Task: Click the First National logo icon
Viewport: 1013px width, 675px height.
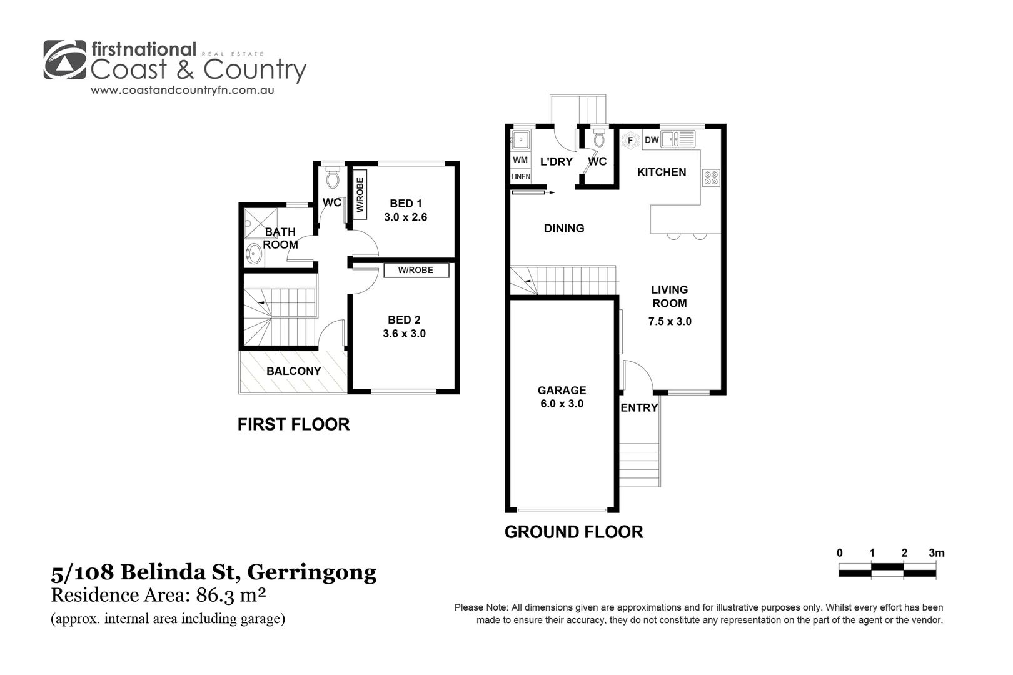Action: click(65, 60)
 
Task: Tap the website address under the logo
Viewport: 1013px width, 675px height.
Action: click(183, 90)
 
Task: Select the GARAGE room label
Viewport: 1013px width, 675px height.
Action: click(562, 391)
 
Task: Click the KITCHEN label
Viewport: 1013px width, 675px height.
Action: click(662, 172)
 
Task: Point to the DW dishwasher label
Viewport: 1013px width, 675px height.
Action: click(652, 140)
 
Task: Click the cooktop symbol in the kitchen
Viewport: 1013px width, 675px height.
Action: click(711, 177)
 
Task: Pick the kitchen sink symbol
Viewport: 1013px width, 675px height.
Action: click(678, 138)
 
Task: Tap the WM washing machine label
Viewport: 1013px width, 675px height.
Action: click(520, 160)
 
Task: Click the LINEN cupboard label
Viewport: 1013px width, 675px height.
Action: click(520, 177)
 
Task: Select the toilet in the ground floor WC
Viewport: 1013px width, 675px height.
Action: click(598, 137)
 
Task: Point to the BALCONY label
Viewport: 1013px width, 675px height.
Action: click(293, 371)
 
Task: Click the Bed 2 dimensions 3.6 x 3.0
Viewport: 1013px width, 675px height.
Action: click(404, 334)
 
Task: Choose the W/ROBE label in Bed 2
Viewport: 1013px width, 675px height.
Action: click(415, 270)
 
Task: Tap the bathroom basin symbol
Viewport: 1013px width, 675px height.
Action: click(254, 254)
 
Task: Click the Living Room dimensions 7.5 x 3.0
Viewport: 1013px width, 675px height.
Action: click(670, 321)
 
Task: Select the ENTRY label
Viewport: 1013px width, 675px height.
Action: click(639, 407)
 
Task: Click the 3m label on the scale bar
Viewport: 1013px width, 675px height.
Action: click(936, 552)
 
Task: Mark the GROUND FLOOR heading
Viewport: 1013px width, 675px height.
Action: click(573, 532)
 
